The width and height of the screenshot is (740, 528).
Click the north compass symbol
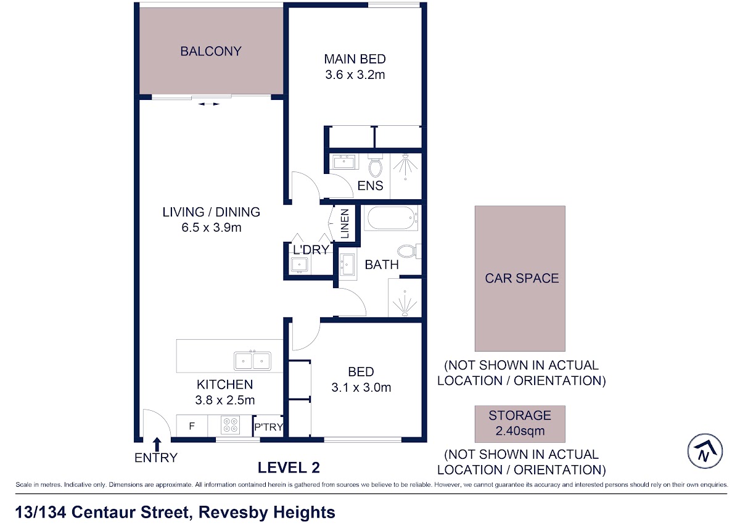point(705,451)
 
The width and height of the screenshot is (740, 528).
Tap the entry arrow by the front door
point(157,444)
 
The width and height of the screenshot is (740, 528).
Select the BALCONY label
point(211,51)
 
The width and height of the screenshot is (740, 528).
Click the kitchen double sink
point(252,360)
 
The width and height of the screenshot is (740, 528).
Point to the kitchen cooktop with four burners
point(230,426)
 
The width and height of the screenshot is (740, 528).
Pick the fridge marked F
point(192,426)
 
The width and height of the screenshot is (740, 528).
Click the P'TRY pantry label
point(269,427)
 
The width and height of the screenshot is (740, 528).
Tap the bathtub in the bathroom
point(391,217)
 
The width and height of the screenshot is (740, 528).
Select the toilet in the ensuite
point(375,166)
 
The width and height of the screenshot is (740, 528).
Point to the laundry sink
point(299,265)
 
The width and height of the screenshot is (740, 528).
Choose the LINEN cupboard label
point(345,223)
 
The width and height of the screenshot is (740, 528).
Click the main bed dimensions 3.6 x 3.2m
point(355,75)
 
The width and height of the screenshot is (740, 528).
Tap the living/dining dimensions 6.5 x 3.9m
point(212,228)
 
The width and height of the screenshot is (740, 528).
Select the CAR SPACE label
point(522,278)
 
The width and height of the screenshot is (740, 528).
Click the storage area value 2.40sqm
point(520,431)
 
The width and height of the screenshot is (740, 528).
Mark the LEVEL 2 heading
point(289,468)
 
